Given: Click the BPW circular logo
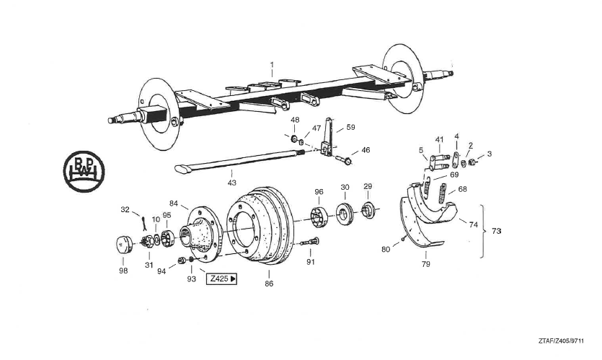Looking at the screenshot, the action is point(84,172).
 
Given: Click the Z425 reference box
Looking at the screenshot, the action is point(222,279).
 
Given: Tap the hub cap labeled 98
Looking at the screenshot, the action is point(124,245).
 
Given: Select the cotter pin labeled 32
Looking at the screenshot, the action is point(143,224).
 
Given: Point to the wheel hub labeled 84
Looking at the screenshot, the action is point(201,234).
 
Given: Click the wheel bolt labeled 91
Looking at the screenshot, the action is point(311,242).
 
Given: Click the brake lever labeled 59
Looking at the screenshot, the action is point(327,138).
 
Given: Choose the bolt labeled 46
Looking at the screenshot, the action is point(344,159).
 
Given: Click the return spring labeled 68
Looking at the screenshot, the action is point(443,193).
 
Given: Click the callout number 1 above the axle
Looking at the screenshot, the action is point(272,64).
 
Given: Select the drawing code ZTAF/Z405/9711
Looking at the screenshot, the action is point(561,341).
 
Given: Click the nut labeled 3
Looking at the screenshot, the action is point(472,162).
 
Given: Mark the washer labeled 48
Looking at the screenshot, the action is point(294,139).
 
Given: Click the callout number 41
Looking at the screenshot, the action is point(439,139).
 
